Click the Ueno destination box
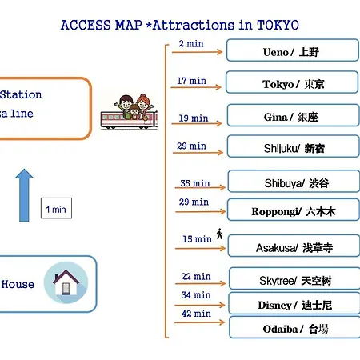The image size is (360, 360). [293, 50]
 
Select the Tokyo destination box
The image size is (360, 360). [292, 82]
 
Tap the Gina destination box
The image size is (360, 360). [294, 115]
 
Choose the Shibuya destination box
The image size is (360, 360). [294, 182]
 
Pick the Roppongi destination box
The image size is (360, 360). [294, 210]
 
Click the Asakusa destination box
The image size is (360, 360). [294, 246]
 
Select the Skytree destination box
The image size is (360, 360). [294, 278]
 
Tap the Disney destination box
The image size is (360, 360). [294, 303]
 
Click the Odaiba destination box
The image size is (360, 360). [294, 327]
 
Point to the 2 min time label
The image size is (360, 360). [191, 44]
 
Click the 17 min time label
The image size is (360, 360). [191, 81]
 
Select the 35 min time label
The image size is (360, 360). [195, 183]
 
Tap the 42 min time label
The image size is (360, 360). [196, 314]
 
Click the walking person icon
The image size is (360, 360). [219, 234]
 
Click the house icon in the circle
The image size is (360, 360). [66, 282]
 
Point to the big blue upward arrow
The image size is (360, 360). [24, 195]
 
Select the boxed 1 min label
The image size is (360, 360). [56, 208]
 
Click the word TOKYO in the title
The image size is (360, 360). [278, 25]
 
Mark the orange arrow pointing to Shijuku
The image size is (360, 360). [198, 153]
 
